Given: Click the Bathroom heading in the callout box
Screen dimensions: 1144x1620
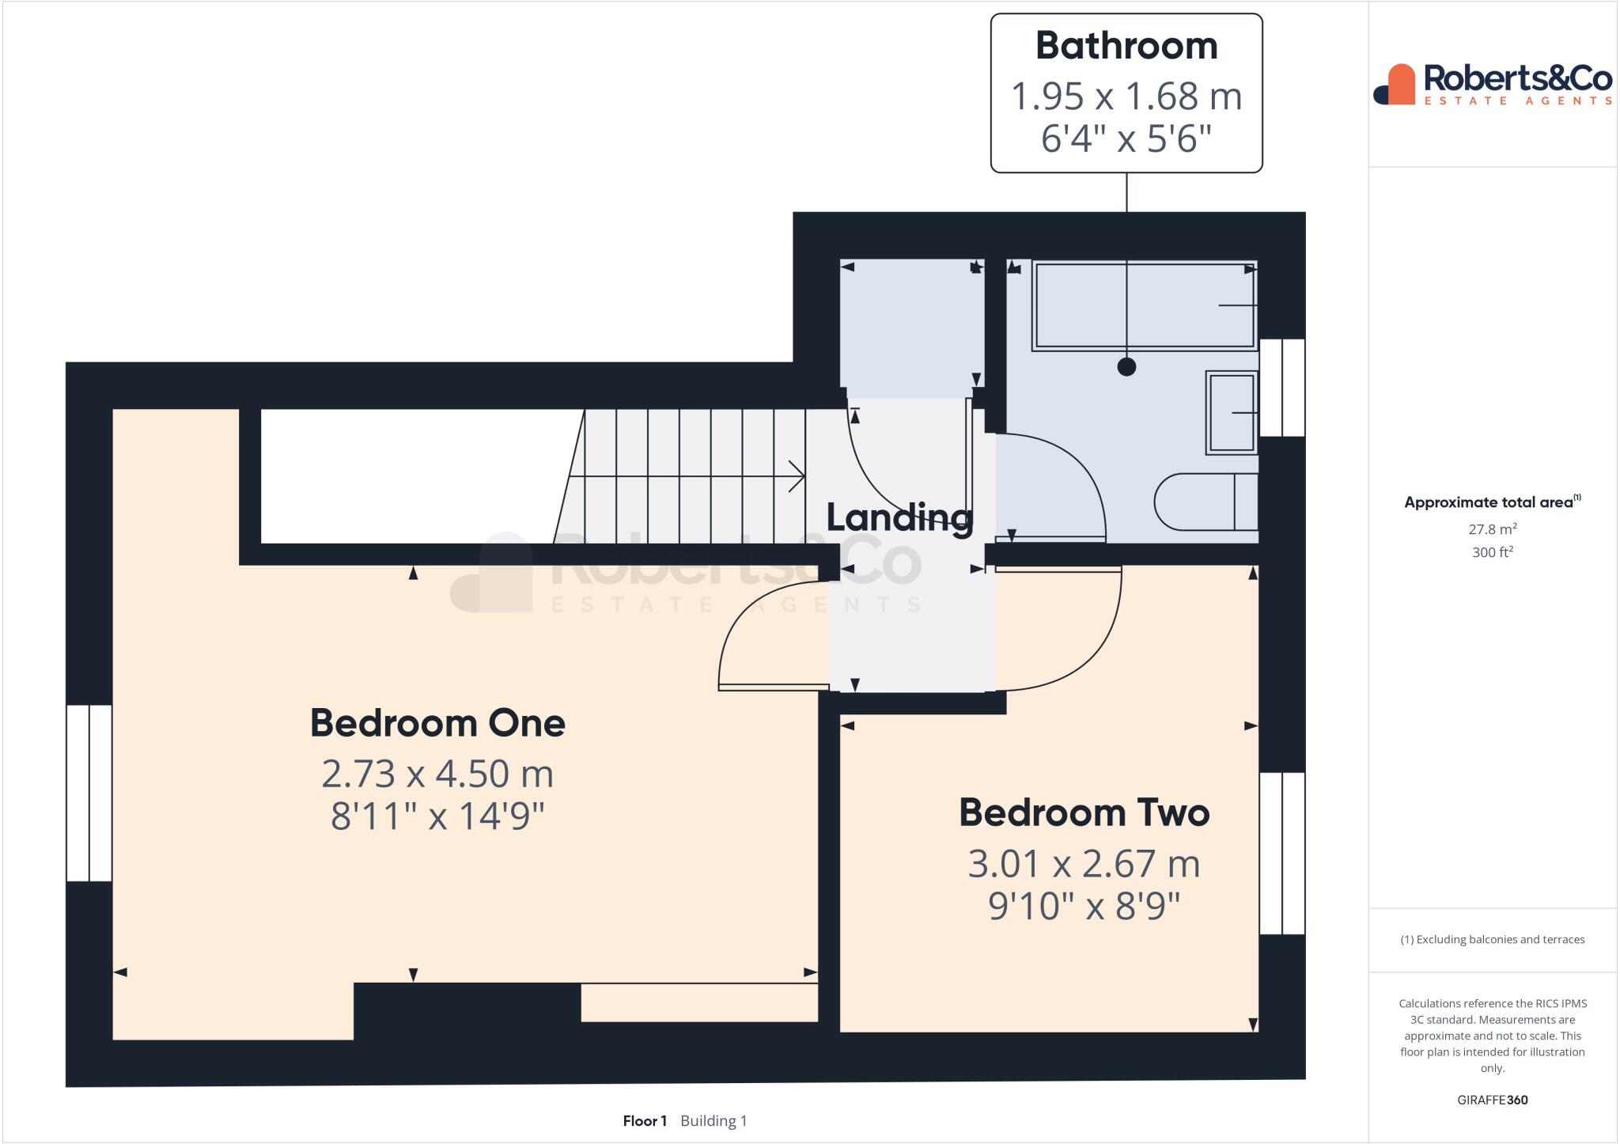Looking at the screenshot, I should pos(1126,46).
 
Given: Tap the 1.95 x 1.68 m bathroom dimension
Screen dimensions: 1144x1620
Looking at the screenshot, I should pos(1126,97).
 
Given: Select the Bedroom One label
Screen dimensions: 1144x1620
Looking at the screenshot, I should pos(437,723).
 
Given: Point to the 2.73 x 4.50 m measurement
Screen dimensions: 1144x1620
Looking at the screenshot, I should pos(437,774).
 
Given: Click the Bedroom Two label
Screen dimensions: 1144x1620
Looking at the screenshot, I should pos(1084,813).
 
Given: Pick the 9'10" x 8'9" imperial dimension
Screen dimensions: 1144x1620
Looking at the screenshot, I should pos(1084,906).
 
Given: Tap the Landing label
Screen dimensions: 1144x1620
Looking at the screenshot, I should pos(899,517).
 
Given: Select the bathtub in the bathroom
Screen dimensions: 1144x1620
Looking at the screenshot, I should pos(1144,306).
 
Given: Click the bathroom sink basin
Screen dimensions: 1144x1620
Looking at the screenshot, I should pos(1232,413).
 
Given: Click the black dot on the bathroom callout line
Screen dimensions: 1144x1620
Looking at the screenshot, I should pos(1126,366).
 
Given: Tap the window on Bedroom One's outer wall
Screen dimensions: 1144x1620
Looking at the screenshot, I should pos(89,793).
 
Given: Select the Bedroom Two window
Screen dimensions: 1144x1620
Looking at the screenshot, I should pos(1281,853).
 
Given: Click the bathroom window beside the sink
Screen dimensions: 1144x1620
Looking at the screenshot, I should pos(1281,388).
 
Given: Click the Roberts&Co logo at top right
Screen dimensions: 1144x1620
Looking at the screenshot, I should pos(1493,84).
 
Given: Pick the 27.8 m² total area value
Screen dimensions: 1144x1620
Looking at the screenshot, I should pos(1492,529).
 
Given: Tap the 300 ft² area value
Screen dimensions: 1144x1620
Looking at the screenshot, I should pos(1492,552).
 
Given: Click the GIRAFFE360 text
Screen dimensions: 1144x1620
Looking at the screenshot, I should pos(1492,1100).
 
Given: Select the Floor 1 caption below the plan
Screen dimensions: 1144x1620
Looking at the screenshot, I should pos(645,1121).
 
